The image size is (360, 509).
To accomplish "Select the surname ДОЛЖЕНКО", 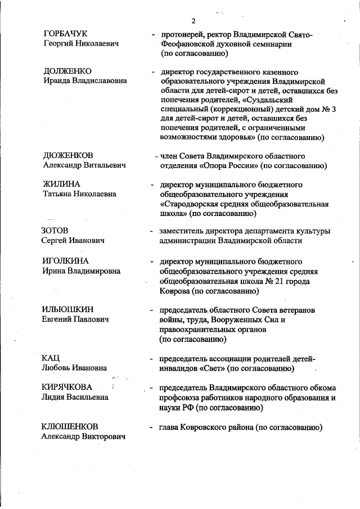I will [x=67, y=71].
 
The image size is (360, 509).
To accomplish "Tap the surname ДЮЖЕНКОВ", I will [x=68, y=155].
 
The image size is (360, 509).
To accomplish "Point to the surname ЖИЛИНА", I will [x=61, y=184].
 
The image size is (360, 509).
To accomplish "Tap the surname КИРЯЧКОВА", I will [x=67, y=387].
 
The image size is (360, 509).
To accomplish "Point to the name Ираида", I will [x=57, y=80].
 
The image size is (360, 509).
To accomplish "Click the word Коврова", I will [x=175, y=291].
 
